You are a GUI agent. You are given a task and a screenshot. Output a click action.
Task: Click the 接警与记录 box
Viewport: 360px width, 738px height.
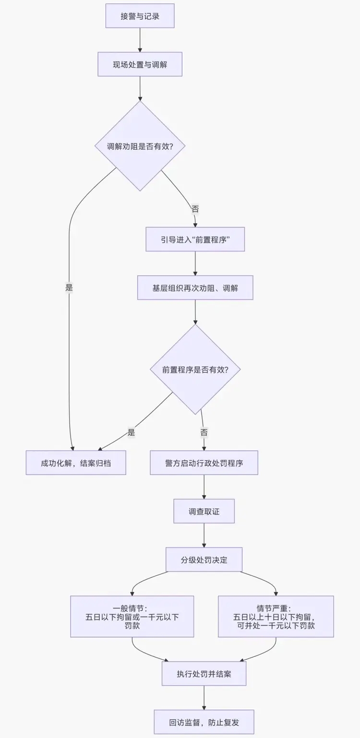tap(140, 16)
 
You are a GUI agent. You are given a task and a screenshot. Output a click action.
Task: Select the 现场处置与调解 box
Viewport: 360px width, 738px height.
tap(140, 64)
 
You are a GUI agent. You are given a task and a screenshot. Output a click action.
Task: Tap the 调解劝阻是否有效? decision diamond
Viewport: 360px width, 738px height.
tap(140, 146)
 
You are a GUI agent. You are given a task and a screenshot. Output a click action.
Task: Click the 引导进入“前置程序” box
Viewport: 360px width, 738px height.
tap(195, 239)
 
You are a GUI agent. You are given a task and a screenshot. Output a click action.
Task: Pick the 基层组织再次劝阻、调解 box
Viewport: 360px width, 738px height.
tap(195, 287)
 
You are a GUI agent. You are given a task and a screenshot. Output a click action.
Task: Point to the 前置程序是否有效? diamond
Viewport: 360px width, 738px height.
tap(195, 369)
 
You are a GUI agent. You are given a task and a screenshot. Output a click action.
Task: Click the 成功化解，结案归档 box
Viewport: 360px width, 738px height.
tap(76, 463)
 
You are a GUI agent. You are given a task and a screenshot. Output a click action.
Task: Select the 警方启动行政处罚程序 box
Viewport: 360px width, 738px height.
tap(204, 463)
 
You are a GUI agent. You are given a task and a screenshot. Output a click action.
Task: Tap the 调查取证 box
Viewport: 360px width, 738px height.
tap(204, 511)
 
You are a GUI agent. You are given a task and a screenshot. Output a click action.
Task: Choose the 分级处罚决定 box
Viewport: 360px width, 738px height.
tap(204, 559)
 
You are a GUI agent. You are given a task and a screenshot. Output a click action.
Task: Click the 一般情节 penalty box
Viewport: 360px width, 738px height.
tap(132, 617)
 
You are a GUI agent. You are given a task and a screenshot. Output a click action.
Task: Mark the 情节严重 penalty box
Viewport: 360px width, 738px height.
tap(276, 617)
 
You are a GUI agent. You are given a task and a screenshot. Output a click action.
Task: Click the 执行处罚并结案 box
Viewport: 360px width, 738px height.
tap(204, 674)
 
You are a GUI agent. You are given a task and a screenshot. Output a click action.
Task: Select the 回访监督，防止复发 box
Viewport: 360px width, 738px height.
tap(204, 722)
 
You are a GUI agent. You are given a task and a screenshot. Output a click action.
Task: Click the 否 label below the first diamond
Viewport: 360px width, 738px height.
tap(195, 209)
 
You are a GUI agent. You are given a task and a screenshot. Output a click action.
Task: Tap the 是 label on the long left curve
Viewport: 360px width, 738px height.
tap(69, 288)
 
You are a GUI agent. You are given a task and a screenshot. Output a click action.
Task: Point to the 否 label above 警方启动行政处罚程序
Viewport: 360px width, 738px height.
tap(204, 432)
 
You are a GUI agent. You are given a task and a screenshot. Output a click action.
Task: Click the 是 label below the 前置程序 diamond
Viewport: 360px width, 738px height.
tap(132, 432)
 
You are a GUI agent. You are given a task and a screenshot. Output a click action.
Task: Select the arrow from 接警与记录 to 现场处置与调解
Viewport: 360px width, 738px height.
tap(140, 40)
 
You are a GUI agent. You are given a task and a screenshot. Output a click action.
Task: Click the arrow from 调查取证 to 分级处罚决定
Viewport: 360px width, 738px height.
tap(204, 535)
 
